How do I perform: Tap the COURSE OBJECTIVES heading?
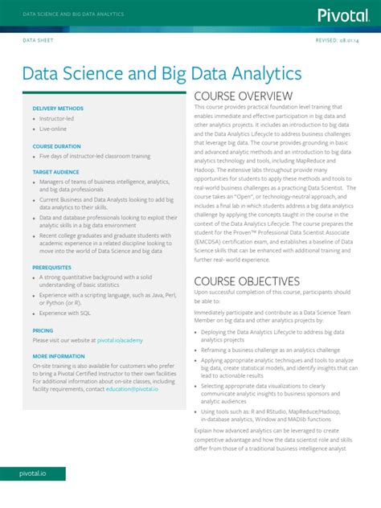pyautogui.click(x=247, y=281)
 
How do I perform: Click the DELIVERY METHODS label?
pyautogui.click(x=58, y=108)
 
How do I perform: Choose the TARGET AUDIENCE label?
pyautogui.click(x=56, y=172)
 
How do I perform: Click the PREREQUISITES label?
pyautogui.click(x=52, y=267)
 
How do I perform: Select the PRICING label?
pyautogui.click(x=43, y=330)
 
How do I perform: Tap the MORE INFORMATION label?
pyautogui.click(x=59, y=355)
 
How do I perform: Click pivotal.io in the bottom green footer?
pyautogui.click(x=33, y=473)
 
